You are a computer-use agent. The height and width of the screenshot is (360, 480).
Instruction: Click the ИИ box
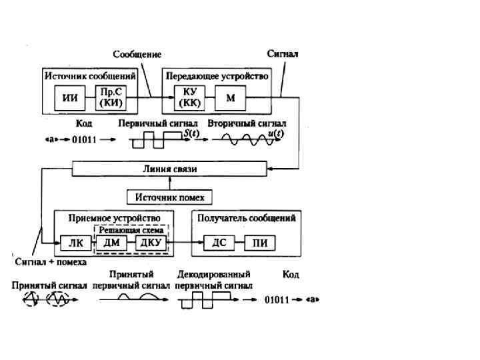point(69,97)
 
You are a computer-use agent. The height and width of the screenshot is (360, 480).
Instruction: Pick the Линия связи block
point(170,169)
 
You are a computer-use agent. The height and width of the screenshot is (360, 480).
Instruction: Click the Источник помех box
point(170,197)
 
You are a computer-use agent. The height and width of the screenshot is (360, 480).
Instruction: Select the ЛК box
point(71,243)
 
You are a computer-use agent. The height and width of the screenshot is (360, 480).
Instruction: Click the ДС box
point(219,243)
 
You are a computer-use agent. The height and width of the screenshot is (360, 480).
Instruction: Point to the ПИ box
point(260,243)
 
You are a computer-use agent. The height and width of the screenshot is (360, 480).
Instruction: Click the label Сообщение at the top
point(137,53)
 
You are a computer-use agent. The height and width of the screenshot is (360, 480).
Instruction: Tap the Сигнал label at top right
point(282,53)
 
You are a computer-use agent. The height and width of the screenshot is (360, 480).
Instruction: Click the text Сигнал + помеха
point(51,262)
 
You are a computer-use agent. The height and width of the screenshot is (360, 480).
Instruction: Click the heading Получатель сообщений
point(246,218)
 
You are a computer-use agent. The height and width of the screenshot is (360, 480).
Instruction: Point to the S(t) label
point(191,133)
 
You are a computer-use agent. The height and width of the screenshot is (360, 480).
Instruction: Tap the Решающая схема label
point(131,230)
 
